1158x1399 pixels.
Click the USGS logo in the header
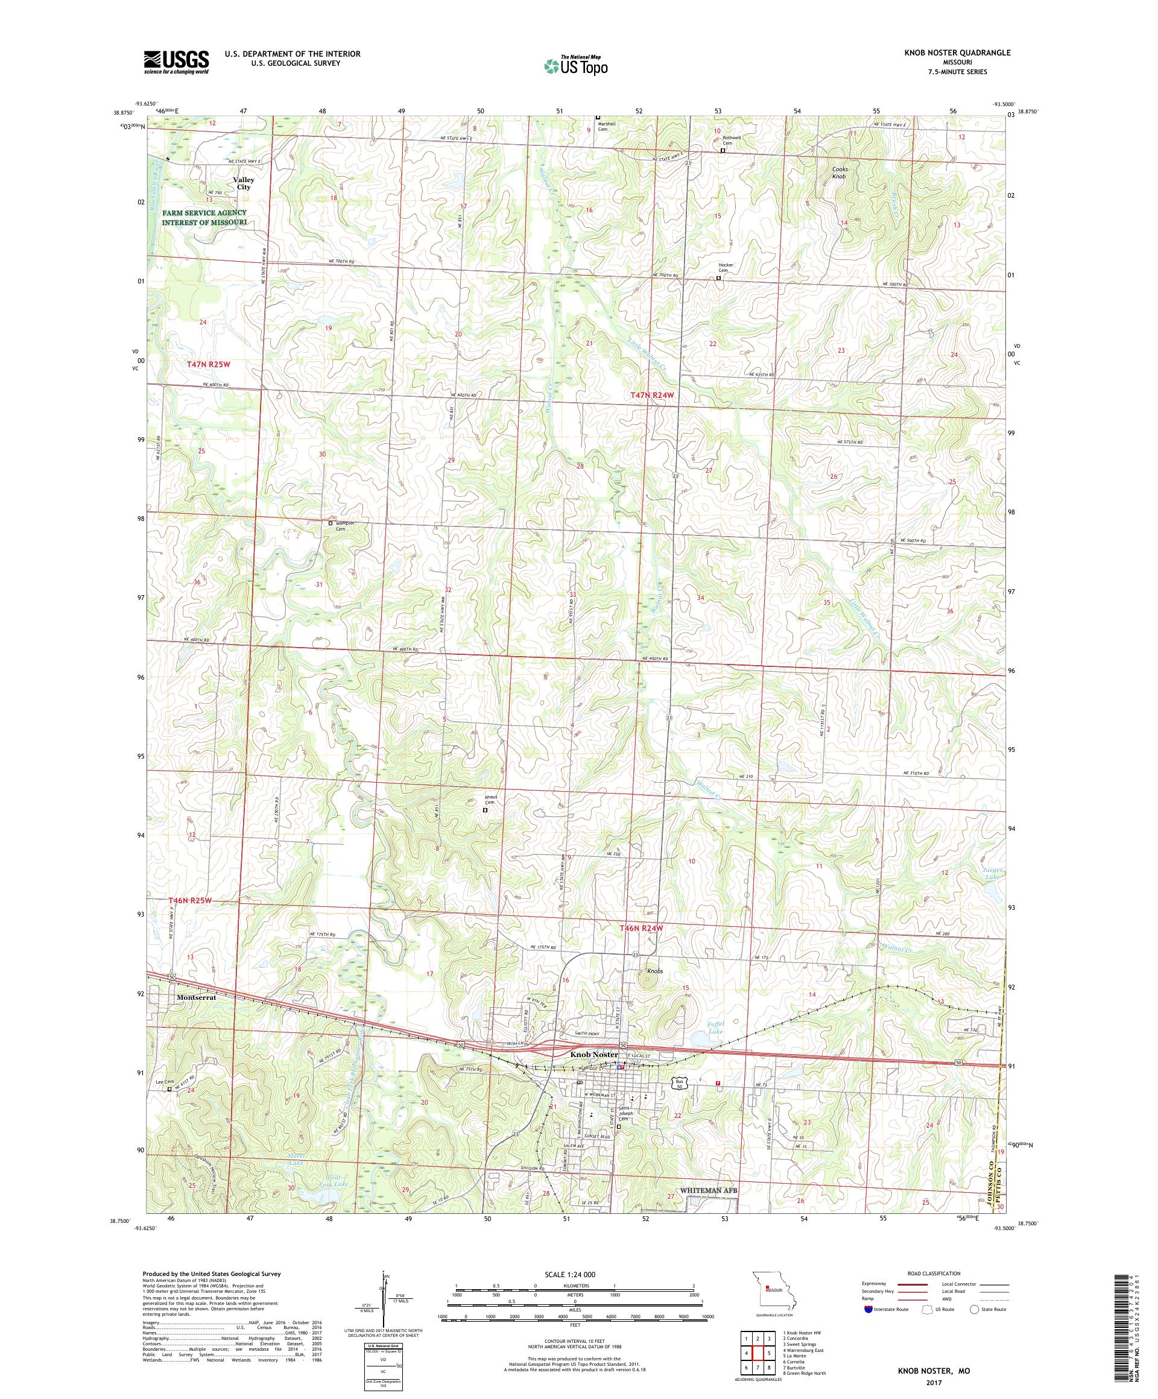point(176,62)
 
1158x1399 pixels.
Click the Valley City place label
point(243,184)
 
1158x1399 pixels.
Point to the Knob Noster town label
point(593,1055)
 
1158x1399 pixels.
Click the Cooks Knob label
point(839,172)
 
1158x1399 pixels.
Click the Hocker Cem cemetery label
point(726,268)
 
